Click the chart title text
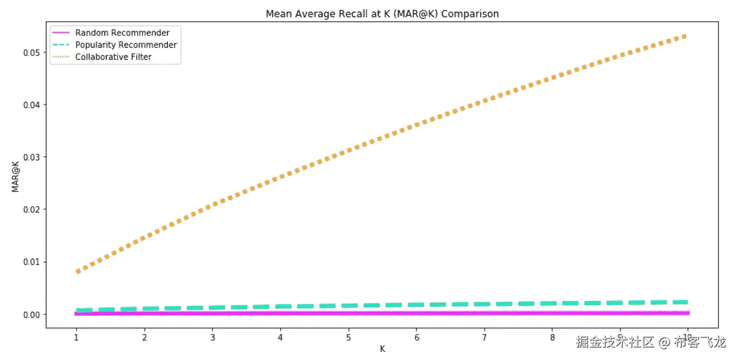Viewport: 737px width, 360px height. click(382, 14)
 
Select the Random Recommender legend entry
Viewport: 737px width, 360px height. click(122, 33)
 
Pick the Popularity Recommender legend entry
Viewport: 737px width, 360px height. click(126, 45)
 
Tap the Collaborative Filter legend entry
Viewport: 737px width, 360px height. click(113, 57)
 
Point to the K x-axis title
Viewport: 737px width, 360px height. click(382, 348)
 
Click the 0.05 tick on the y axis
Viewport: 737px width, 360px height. click(32, 53)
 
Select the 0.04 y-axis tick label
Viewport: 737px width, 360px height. click(32, 105)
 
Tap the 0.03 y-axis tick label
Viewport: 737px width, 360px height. click(32, 157)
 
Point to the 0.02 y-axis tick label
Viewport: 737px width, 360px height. click(32, 209)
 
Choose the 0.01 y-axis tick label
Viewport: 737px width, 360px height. click(32, 262)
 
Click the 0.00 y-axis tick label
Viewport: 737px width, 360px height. click(32, 315)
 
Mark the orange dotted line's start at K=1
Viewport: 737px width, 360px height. click(77, 272)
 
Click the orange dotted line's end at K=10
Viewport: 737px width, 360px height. click(686, 35)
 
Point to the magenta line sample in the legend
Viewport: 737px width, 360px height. click(62, 33)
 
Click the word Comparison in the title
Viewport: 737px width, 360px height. click(470, 14)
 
